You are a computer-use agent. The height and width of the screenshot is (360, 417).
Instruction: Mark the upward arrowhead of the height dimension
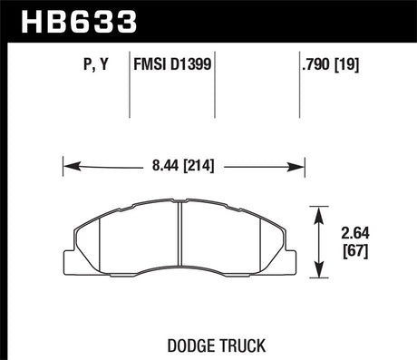(320, 211)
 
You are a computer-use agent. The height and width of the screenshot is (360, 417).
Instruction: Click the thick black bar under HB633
(208, 42)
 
